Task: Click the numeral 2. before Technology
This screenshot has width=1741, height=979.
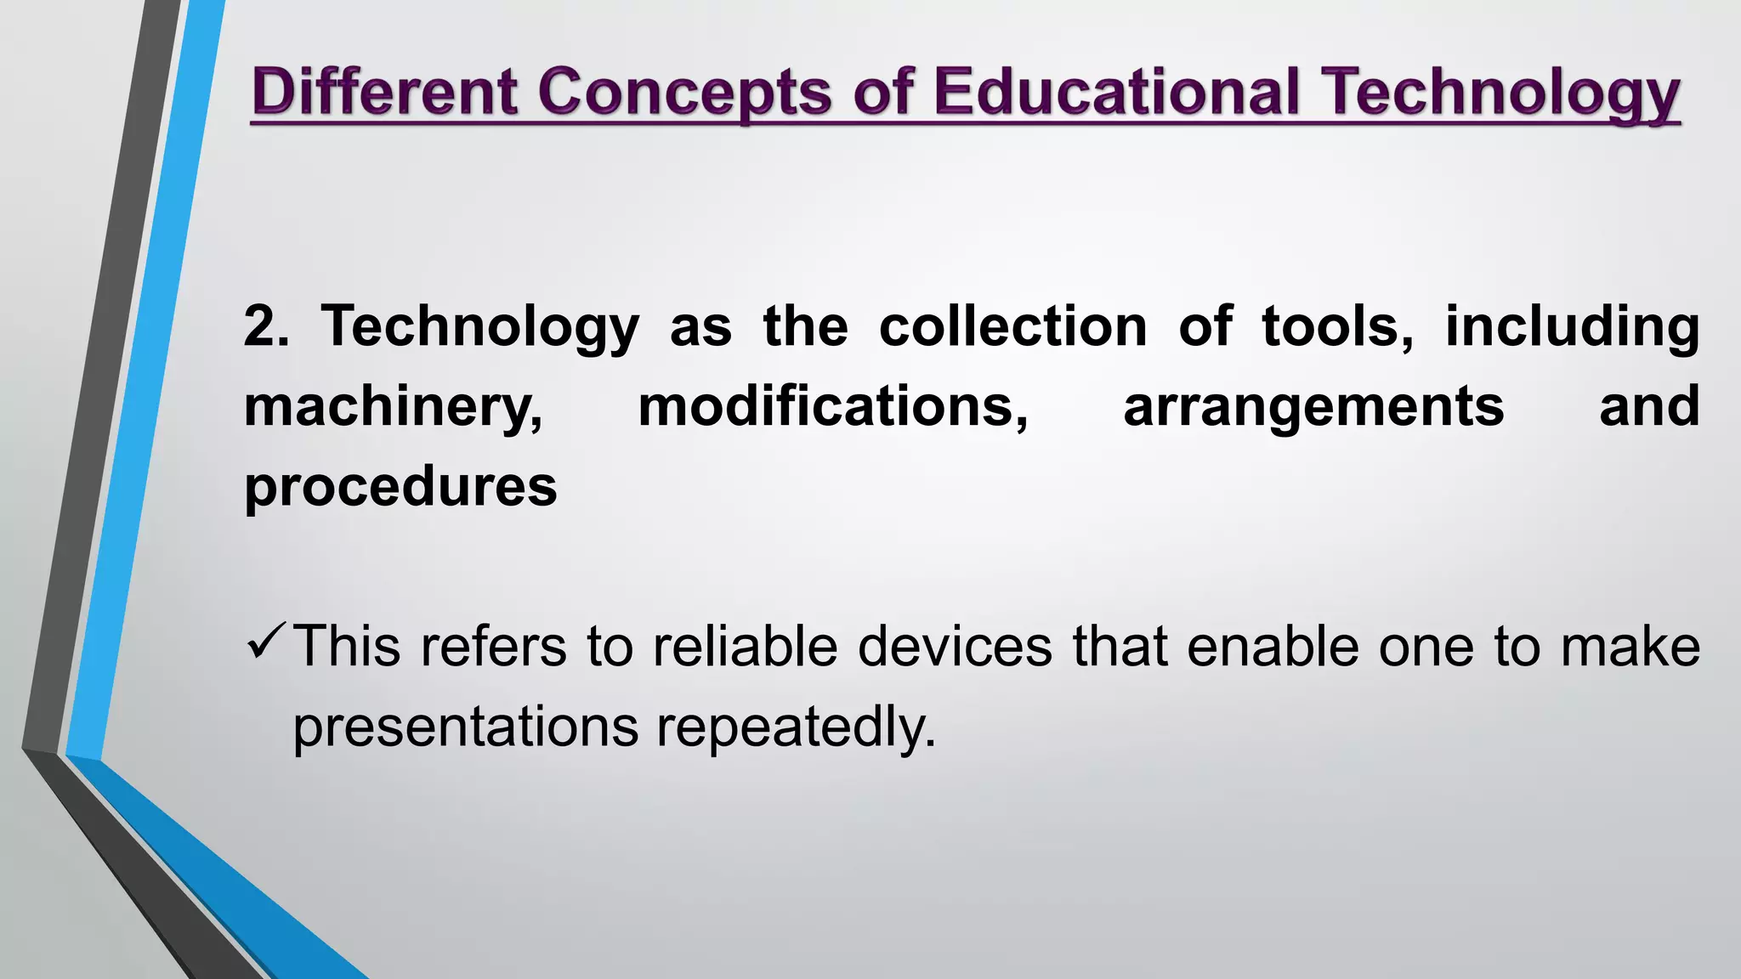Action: click(266, 326)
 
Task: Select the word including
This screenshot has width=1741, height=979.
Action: click(1572, 328)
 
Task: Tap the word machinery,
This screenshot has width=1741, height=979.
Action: click(394, 407)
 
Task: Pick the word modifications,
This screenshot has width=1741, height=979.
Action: click(833, 407)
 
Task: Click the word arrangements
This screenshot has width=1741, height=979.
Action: click(1313, 407)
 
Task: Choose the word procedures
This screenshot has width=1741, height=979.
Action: click(400, 487)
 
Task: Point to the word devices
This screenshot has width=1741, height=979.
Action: click(955, 647)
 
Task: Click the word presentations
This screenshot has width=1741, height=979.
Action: click(465, 727)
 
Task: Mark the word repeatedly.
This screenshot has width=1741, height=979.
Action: click(796, 727)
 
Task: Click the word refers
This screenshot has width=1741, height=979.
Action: click(493, 647)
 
